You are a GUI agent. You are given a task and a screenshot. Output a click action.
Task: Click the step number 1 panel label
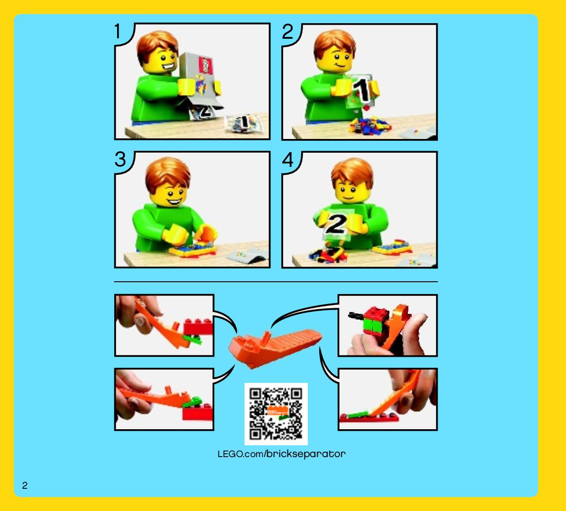tap(118, 31)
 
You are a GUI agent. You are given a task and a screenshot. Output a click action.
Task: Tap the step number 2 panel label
tap(287, 32)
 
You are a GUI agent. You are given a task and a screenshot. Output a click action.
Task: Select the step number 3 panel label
tap(120, 159)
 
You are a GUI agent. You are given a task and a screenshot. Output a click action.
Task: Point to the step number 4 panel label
tap(287, 159)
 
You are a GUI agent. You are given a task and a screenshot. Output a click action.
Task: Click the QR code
tap(276, 414)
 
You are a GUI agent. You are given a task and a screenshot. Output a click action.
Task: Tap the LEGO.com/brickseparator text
tap(281, 454)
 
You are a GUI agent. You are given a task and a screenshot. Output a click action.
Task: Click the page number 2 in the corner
tap(25, 485)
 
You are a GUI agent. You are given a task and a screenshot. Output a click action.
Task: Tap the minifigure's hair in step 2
tap(334, 43)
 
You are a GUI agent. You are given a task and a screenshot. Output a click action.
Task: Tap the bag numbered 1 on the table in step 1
tap(243, 123)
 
